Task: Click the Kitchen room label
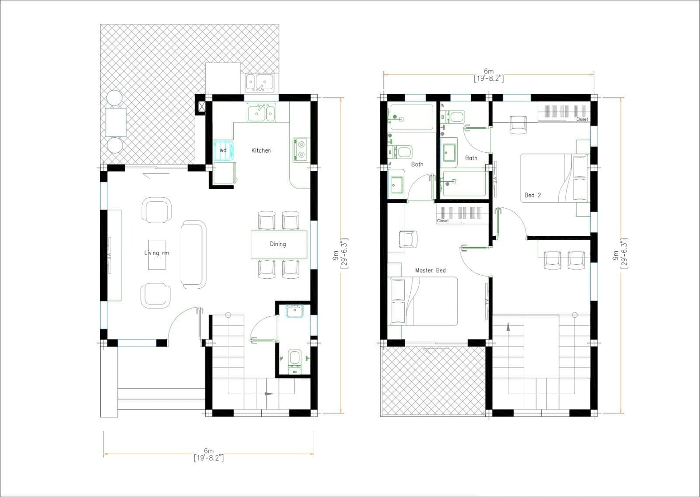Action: click(261, 150)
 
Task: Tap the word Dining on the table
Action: click(278, 244)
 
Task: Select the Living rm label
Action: click(156, 253)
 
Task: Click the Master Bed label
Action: click(430, 270)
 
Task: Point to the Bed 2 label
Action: click(532, 195)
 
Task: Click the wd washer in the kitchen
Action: click(224, 150)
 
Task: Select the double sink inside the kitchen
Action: click(261, 113)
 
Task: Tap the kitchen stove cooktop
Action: click(301, 149)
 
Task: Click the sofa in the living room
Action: click(193, 254)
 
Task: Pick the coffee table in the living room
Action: click(157, 254)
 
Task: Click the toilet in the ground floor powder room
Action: click(294, 358)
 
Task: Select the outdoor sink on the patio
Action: click(259, 82)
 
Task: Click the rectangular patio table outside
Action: click(115, 121)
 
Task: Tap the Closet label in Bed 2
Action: click(582, 119)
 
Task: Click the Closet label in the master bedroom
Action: click(443, 221)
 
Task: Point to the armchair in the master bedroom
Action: click(408, 239)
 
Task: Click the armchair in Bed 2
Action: click(518, 124)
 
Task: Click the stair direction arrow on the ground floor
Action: click(268, 394)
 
